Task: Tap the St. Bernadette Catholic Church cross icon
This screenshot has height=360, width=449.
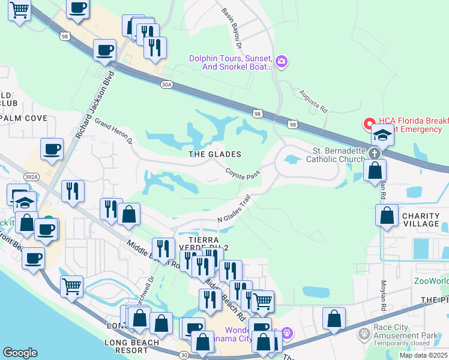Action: tap(375, 153)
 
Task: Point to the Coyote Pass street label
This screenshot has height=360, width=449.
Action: tap(243, 173)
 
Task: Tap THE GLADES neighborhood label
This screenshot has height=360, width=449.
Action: tap(215, 154)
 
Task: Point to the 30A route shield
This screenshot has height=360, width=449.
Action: tap(167, 85)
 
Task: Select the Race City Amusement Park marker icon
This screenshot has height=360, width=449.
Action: tap(363, 333)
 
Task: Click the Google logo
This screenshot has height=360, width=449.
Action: tap(20, 353)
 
